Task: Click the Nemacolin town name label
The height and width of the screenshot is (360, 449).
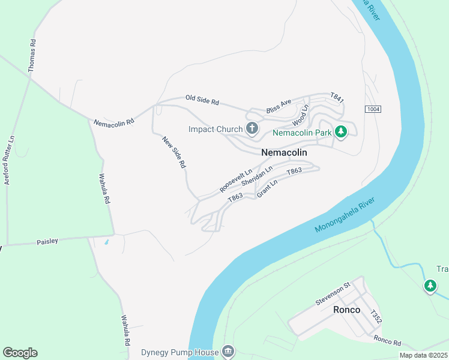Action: pyautogui.click(x=284, y=152)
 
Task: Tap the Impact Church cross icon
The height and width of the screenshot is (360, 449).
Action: pyautogui.click(x=252, y=128)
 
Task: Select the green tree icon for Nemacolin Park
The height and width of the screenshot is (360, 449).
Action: pyautogui.click(x=341, y=131)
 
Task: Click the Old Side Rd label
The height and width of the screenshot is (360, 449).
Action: pyautogui.click(x=202, y=100)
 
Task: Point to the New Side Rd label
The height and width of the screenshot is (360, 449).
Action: pyautogui.click(x=174, y=151)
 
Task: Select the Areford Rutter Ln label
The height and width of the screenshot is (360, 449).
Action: pyautogui.click(x=10, y=160)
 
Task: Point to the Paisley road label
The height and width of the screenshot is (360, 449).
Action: pyautogui.click(x=47, y=241)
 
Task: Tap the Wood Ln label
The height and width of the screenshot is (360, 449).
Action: pyautogui.click(x=300, y=115)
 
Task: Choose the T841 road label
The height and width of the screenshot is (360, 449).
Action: pyautogui.click(x=337, y=97)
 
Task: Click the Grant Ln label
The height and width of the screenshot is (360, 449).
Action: pyautogui.click(x=267, y=189)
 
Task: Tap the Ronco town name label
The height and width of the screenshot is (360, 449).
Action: pyautogui.click(x=346, y=310)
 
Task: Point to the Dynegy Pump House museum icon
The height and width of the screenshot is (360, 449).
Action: pyautogui.click(x=228, y=350)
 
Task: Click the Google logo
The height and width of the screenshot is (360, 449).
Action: pyautogui.click(x=20, y=353)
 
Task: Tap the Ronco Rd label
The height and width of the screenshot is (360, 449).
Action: pyautogui.click(x=387, y=341)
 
